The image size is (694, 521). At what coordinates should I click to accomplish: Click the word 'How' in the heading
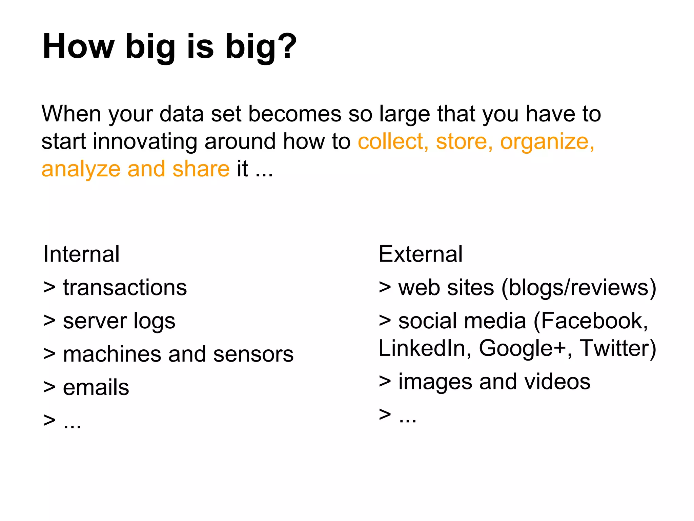pyautogui.click(x=79, y=46)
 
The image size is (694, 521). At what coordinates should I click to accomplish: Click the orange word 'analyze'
pyautogui.click(x=81, y=170)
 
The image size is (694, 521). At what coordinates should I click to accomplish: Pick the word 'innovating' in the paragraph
pyautogui.click(x=145, y=142)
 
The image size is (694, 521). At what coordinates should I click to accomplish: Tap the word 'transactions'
pyautogui.click(x=125, y=288)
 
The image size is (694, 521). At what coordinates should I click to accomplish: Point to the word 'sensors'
pyautogui.click(x=253, y=354)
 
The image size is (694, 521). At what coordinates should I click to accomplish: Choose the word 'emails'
pyautogui.click(x=96, y=387)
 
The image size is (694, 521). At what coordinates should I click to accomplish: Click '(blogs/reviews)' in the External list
pyautogui.click(x=579, y=288)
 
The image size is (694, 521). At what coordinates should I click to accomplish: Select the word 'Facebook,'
pyautogui.click(x=591, y=321)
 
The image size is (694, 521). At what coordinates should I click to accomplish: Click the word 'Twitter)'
pyautogui.click(x=618, y=348)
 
